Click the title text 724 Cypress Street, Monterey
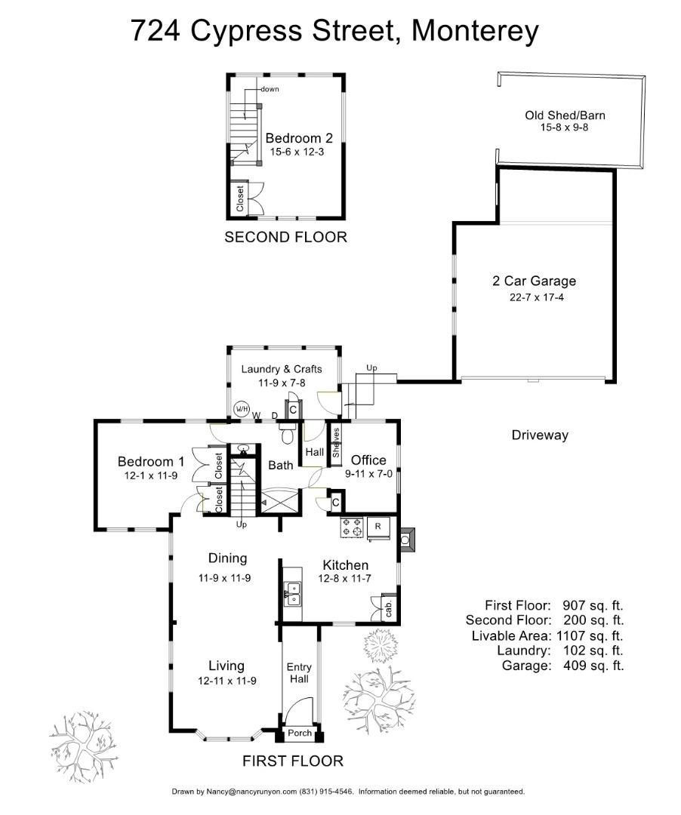pos(335,31)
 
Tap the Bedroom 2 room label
pos(299,139)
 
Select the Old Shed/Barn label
pos(565,115)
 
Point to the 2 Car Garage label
pos(534,281)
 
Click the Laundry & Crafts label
pos(282,369)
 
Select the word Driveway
pos(540,435)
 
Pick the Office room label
pos(368,460)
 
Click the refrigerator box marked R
pos(378,526)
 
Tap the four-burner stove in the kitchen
pos(352,528)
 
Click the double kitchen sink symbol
pos(292,593)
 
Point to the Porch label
pos(300,733)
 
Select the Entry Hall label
pos(300,673)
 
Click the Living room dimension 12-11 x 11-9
pos(226,681)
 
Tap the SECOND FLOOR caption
pos(286,238)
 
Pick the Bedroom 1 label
pos(151,462)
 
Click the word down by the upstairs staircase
pos(270,89)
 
